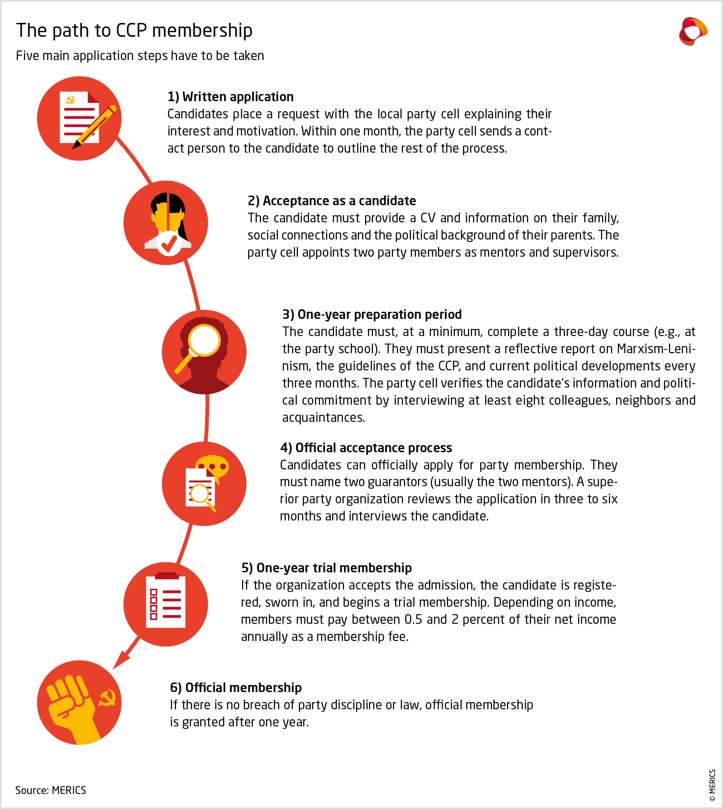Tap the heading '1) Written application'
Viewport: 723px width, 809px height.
[230, 97]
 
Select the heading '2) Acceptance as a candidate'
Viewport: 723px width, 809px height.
[332, 201]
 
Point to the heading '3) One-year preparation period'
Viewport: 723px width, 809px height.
[372, 314]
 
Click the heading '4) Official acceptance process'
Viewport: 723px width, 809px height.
[366, 448]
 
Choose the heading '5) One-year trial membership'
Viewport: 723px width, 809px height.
[326, 568]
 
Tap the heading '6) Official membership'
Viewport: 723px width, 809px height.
[236, 687]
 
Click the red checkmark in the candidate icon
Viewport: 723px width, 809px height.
[169, 243]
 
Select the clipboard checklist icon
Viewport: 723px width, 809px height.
[166, 601]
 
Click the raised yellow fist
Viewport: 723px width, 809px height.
[72, 707]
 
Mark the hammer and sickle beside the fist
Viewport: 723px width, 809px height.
[107, 698]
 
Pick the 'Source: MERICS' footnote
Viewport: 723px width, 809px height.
[51, 790]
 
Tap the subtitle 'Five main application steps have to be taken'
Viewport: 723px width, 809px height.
[140, 56]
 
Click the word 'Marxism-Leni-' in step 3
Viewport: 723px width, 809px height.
[656, 349]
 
